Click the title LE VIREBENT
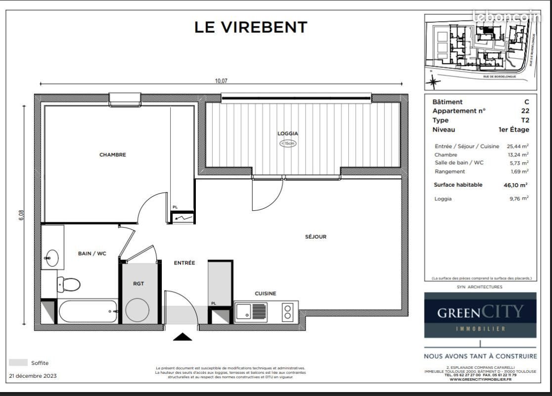[251, 27]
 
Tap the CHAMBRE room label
[113, 155]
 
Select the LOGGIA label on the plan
[287, 133]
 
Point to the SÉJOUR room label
[316, 237]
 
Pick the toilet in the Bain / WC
[68, 285]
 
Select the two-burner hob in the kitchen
[287, 311]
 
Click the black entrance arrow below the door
[183, 337]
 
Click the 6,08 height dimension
[21, 216]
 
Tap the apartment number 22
[525, 111]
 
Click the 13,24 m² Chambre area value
[518, 155]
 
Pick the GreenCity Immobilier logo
[480, 315]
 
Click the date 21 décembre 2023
[33, 376]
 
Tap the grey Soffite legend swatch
[18, 363]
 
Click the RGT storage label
[138, 284]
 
